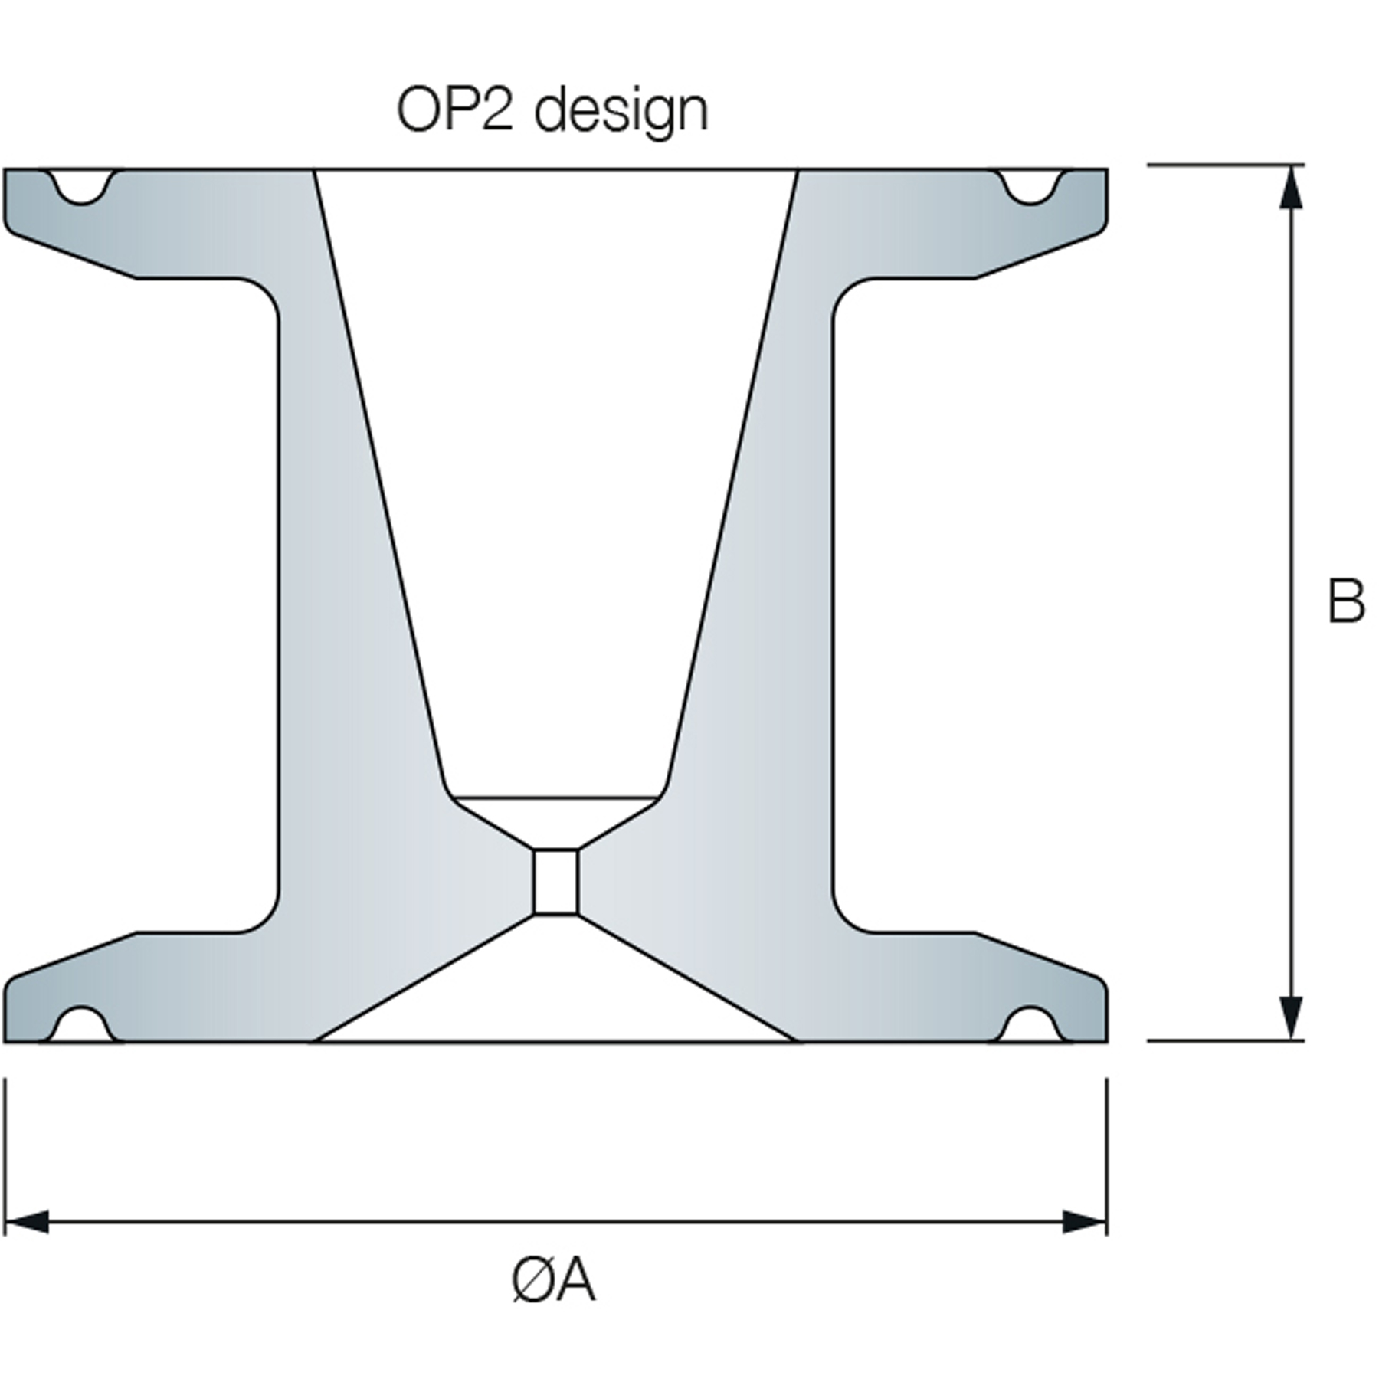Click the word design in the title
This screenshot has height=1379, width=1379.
pos(621,113)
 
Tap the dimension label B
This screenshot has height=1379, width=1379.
pos(1346,601)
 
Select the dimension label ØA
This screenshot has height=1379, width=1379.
pos(553,1280)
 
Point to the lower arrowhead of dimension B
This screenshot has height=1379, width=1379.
pos(1292,1020)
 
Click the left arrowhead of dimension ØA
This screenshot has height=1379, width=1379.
pos(27,1222)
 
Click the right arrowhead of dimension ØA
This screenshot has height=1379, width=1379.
pos(1085,1222)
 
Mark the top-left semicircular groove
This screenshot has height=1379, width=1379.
pos(83,185)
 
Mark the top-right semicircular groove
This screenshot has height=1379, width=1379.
pos(1030,185)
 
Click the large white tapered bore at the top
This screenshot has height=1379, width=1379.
pos(555,460)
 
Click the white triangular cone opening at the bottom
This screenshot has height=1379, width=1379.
pos(555,996)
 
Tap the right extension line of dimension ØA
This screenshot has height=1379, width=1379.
pos(1107,1149)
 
